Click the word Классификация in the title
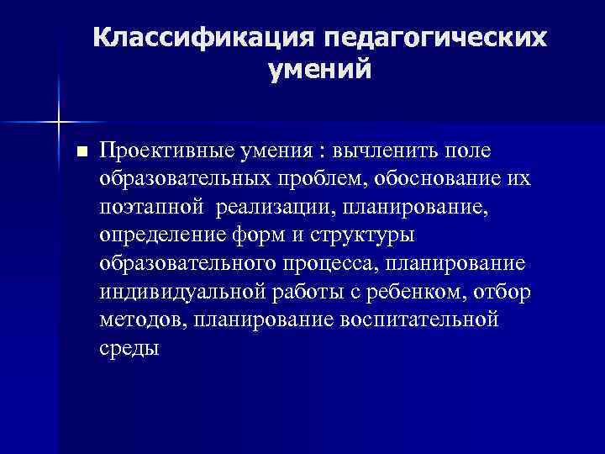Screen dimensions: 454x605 tap(203, 38)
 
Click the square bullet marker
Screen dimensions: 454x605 tap(81, 152)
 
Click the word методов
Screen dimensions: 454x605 tap(143, 320)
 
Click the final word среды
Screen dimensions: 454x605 tap(128, 348)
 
